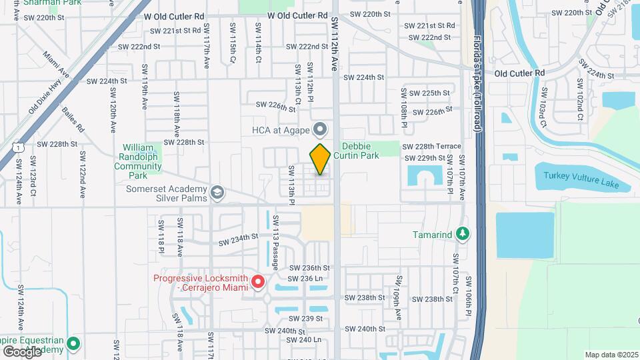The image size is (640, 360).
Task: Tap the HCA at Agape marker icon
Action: pyautogui.click(x=321, y=129)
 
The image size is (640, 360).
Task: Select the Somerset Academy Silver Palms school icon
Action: pyautogui.click(x=217, y=193)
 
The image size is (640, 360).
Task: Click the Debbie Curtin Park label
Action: pyautogui.click(x=360, y=151)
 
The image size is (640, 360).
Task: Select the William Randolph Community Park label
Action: pyautogui.click(x=138, y=161)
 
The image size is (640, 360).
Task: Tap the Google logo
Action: pyautogui.click(x=22, y=351)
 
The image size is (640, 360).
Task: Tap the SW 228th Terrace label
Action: pyautogui.click(x=434, y=146)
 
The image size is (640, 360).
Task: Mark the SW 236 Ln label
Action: pyautogui.click(x=305, y=278)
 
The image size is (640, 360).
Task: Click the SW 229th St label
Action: pyautogui.click(x=425, y=158)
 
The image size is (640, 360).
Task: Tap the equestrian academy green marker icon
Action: pyautogui.click(x=73, y=345)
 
